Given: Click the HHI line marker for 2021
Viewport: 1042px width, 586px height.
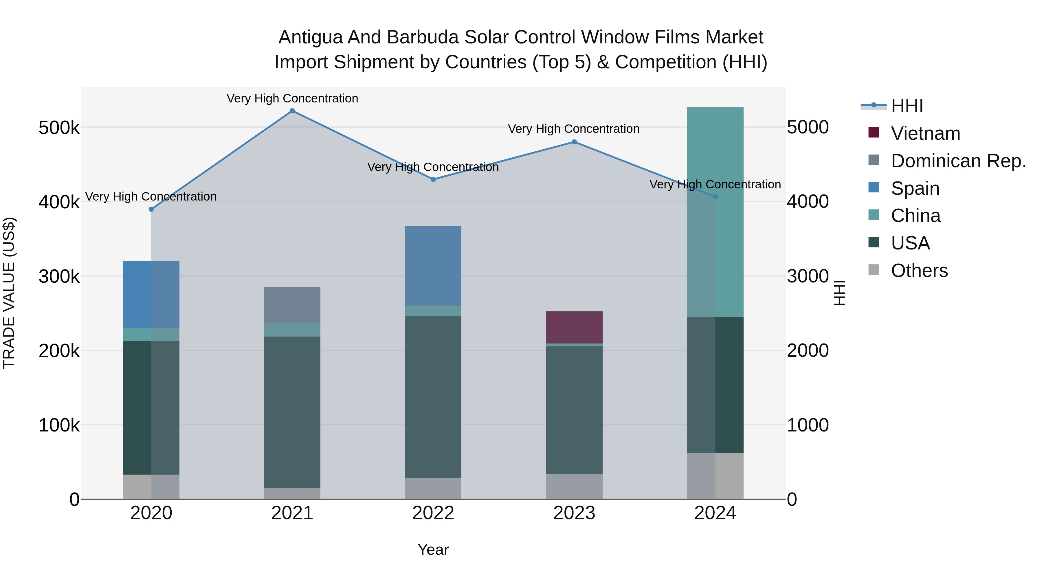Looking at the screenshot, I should tap(292, 111).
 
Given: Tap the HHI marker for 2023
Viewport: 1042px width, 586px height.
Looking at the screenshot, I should tap(574, 142).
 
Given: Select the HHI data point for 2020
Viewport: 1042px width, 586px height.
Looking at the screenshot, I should tap(151, 210).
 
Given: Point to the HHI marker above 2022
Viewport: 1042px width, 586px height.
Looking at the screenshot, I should tap(433, 179).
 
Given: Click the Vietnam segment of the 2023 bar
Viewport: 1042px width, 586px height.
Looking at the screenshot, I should tap(574, 327).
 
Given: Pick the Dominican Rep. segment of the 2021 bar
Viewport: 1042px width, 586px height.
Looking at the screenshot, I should tap(292, 305).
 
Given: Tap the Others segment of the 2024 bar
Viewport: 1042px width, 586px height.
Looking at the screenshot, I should tap(715, 476).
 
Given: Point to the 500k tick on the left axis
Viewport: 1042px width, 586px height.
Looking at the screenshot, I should tap(59, 128).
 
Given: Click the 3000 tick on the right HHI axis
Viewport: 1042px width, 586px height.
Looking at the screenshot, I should tap(807, 277).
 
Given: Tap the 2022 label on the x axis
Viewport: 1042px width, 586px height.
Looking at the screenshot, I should tap(433, 513).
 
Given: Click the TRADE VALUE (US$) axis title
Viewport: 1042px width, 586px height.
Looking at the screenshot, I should tap(9, 293).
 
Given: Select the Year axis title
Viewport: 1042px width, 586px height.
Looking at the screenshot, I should tap(433, 550).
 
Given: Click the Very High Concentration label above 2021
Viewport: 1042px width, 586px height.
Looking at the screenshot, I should tap(292, 98).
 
